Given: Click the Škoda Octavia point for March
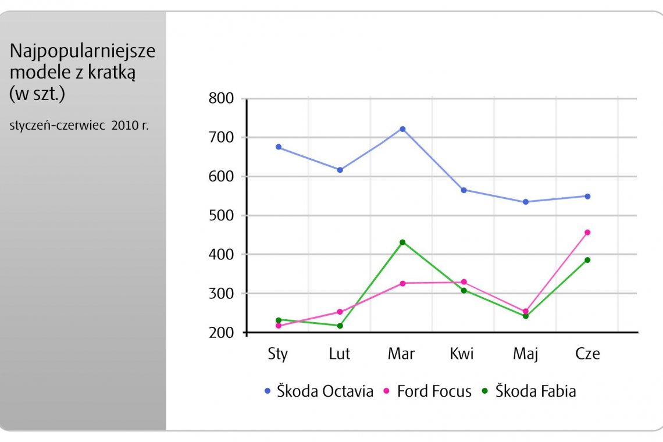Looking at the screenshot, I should tap(402, 129).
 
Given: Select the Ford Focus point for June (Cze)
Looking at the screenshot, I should tap(587, 233).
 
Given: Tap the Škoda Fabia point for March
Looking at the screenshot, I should tap(402, 242).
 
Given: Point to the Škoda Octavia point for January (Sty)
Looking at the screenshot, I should tap(279, 147).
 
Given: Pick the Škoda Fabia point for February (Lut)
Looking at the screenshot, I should tap(340, 326).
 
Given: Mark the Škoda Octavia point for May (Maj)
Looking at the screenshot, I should tap(526, 202).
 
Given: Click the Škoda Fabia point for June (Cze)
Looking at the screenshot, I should tap(587, 260).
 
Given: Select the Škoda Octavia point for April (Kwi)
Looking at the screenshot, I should tap(464, 190).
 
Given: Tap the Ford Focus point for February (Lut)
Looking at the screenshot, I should tap(340, 312).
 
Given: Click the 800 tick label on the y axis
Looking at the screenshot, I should tap(221, 98).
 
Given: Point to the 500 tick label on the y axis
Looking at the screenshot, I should tap(221, 216).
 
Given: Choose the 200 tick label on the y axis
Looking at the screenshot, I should tap(221, 333).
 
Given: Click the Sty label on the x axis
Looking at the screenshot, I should tap(278, 354).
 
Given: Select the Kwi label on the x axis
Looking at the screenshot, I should tap(462, 354).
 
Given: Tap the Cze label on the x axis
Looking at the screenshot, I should tap(587, 354).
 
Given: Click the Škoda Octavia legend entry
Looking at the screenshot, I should tap(319, 391).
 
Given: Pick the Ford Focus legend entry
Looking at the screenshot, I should tap(427, 391).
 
